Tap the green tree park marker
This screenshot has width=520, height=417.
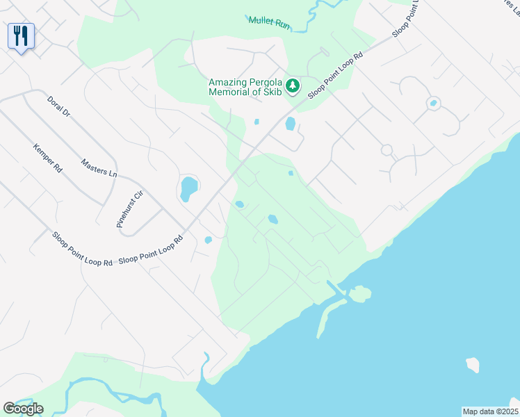click(293, 85)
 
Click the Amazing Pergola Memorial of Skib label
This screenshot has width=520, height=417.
click(247, 88)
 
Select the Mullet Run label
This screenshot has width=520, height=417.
click(268, 21)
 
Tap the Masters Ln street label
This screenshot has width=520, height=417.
click(99, 166)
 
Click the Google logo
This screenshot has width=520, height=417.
click(23, 409)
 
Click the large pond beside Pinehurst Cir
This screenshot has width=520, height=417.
click(188, 188)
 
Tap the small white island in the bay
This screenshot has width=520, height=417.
click(473, 364)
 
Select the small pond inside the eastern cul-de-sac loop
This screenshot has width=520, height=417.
click(433, 104)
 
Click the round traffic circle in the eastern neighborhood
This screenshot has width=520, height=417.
click(387, 149)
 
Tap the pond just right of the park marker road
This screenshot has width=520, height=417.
click(290, 124)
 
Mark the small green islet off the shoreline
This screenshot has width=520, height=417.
click(360, 294)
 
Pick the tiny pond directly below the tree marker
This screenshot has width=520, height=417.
click(257, 122)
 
